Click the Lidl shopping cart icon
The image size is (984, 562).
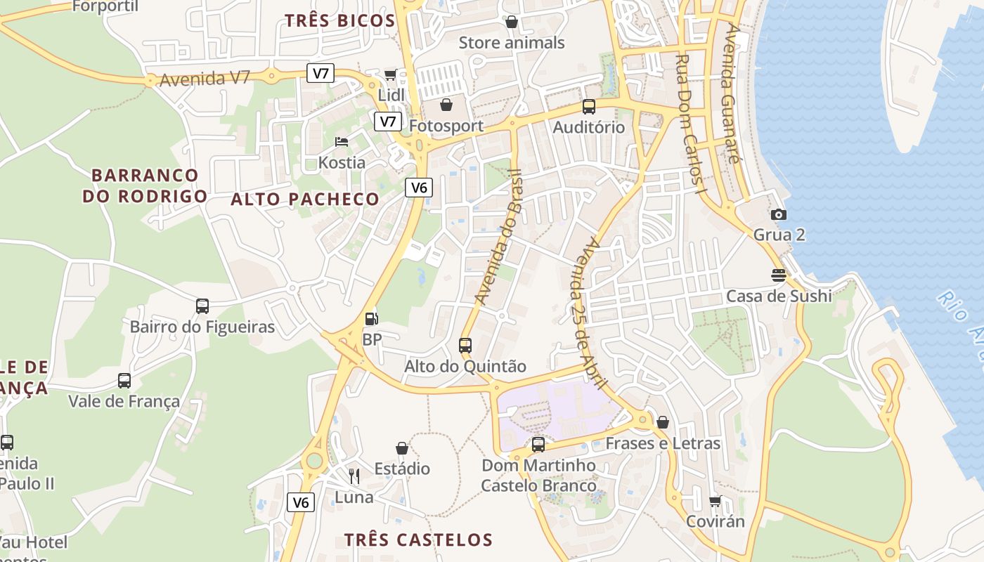coord(390,74)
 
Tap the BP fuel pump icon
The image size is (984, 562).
coord(370,318)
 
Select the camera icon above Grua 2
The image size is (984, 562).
coord(778,214)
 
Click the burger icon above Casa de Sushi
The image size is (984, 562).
coord(778,275)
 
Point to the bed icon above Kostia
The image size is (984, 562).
coord(342,142)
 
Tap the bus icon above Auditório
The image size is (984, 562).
coord(588,107)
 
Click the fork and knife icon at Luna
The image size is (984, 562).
coord(354,476)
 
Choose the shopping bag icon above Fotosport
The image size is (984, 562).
coord(446,105)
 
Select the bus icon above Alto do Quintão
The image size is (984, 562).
coord(465,345)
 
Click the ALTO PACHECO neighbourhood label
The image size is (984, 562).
coord(305,200)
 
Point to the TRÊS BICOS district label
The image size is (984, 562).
coord(339,20)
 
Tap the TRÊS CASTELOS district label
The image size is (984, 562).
coord(418,540)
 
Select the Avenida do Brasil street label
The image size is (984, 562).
coord(498,237)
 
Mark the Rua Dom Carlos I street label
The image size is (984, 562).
coord(690,124)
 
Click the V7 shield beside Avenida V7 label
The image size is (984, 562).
coord(321,73)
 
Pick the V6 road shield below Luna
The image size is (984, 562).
coord(301,502)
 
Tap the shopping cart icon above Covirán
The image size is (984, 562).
coord(716,501)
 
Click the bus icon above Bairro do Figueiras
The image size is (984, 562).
coord(202,306)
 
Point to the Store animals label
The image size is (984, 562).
coord(512,43)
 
